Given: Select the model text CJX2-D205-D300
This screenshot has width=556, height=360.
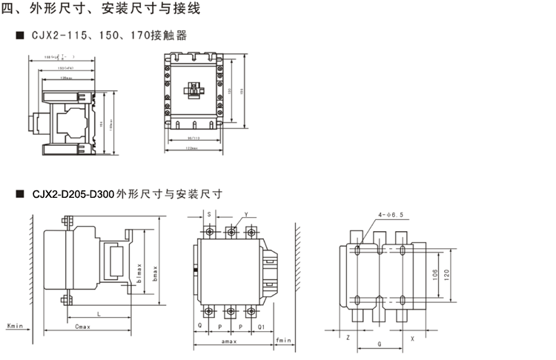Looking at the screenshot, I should pyautogui.click(x=73, y=194).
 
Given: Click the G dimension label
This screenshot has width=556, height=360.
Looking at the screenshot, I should pyautogui.click(x=380, y=345).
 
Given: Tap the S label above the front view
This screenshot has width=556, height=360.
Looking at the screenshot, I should pyautogui.click(x=209, y=215).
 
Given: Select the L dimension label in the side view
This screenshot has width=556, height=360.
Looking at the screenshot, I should pyautogui.click(x=99, y=315).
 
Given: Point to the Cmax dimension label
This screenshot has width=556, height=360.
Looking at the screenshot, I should pyautogui.click(x=84, y=325).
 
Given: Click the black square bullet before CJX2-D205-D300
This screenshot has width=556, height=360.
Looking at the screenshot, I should pyautogui.click(x=19, y=194).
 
